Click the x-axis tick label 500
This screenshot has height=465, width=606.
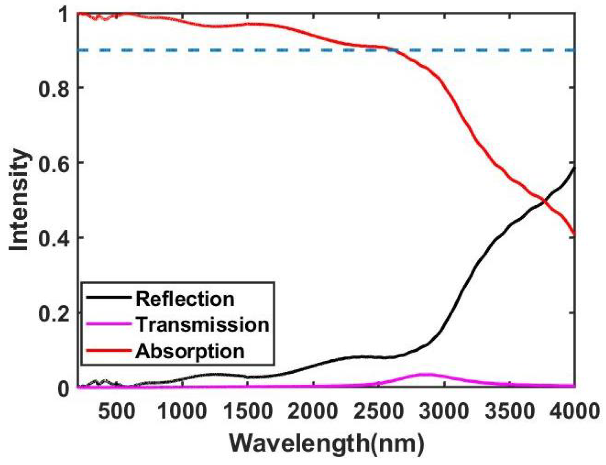tap(117, 411)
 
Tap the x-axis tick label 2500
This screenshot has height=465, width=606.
tap(378, 411)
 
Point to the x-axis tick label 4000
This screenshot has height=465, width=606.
tap(574, 411)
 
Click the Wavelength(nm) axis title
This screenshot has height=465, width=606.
tap(326, 443)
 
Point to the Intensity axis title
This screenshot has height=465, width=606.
tap(19, 200)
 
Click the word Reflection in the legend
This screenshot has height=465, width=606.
tap(185, 299)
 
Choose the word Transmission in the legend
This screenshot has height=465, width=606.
tap(202, 325)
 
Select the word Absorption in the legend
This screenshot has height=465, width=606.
tap(190, 351)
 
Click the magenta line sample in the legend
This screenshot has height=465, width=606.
tap(109, 324)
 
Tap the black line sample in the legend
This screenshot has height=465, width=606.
tap(109, 298)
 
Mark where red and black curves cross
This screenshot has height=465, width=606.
tap(545, 200)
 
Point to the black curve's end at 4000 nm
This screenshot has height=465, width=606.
tap(574, 168)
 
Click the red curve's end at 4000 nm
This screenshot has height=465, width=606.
tap(574, 233)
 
